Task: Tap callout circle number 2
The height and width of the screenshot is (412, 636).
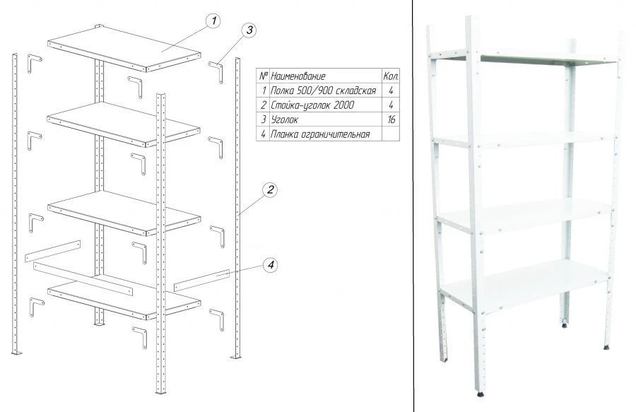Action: [x=269, y=189]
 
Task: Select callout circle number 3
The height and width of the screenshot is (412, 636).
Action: [x=248, y=30]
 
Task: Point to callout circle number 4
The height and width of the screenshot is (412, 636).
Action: [x=270, y=265]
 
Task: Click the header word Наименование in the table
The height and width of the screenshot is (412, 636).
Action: [x=298, y=76]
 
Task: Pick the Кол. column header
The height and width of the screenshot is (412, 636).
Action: [x=390, y=76]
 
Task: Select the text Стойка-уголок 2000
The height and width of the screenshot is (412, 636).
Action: [x=307, y=105]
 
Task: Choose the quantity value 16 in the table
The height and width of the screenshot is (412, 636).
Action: [x=390, y=119]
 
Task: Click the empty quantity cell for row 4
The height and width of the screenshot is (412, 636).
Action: [x=390, y=134]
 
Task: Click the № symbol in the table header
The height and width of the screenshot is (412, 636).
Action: [x=263, y=76]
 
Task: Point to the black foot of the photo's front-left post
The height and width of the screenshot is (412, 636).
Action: [x=481, y=393]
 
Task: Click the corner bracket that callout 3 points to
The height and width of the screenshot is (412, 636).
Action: [x=216, y=69]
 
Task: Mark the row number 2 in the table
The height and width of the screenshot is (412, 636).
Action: [x=264, y=105]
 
